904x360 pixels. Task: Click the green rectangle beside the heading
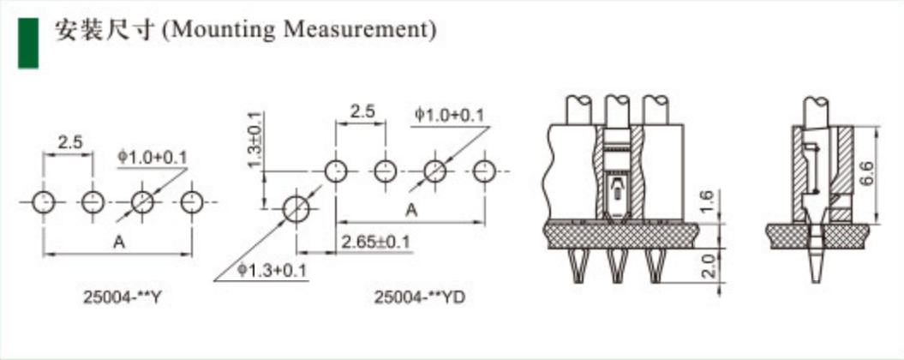pos(28,43)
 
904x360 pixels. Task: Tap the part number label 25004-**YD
pos(420,297)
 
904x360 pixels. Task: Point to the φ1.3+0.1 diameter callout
pos(272,270)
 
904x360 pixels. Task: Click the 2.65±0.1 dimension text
pos(375,242)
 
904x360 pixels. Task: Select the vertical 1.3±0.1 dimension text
pos(254,141)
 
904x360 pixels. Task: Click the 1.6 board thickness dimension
pos(708,201)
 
